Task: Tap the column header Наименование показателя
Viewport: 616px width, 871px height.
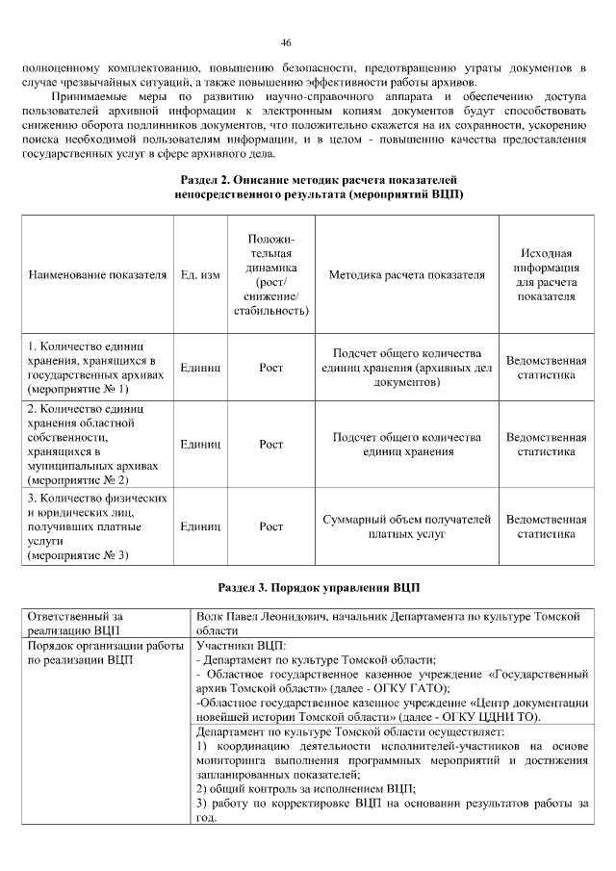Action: click(97, 275)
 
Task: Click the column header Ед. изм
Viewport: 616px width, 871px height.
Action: click(200, 275)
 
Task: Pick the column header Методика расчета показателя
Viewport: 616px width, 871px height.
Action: click(406, 275)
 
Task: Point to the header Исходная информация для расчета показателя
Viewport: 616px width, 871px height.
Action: click(546, 275)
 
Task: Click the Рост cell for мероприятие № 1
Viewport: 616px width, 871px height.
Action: click(271, 368)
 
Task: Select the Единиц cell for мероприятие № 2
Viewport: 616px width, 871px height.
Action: click(200, 444)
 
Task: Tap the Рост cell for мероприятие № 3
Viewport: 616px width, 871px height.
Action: click(271, 526)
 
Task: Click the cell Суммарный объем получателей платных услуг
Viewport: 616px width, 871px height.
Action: click(406, 526)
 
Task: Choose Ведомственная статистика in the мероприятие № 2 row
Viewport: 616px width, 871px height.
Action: click(546, 444)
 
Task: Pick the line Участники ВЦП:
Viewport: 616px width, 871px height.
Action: click(241, 645)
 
